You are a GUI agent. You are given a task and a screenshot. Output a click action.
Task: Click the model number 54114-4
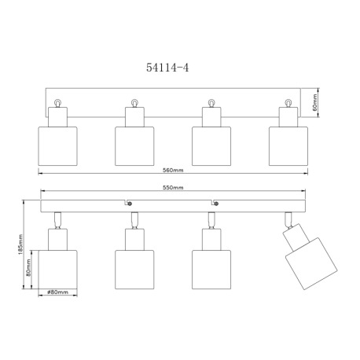(x=167, y=68)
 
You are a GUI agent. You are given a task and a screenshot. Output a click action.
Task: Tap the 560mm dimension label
(x=173, y=170)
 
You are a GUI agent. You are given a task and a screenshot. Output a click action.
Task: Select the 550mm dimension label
(x=173, y=188)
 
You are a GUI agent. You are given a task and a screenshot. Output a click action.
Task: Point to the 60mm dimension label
(x=314, y=102)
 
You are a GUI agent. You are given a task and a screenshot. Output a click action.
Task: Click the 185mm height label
(x=21, y=245)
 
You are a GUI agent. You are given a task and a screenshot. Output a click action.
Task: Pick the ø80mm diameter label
(x=57, y=292)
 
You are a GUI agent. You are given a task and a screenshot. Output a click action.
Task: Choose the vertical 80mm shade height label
(x=28, y=267)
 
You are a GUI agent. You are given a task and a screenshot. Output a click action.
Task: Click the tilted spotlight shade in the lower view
(x=311, y=263)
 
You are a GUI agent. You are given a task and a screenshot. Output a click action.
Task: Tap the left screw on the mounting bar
(x=130, y=204)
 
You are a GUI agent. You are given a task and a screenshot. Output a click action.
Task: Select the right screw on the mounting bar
(x=216, y=204)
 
